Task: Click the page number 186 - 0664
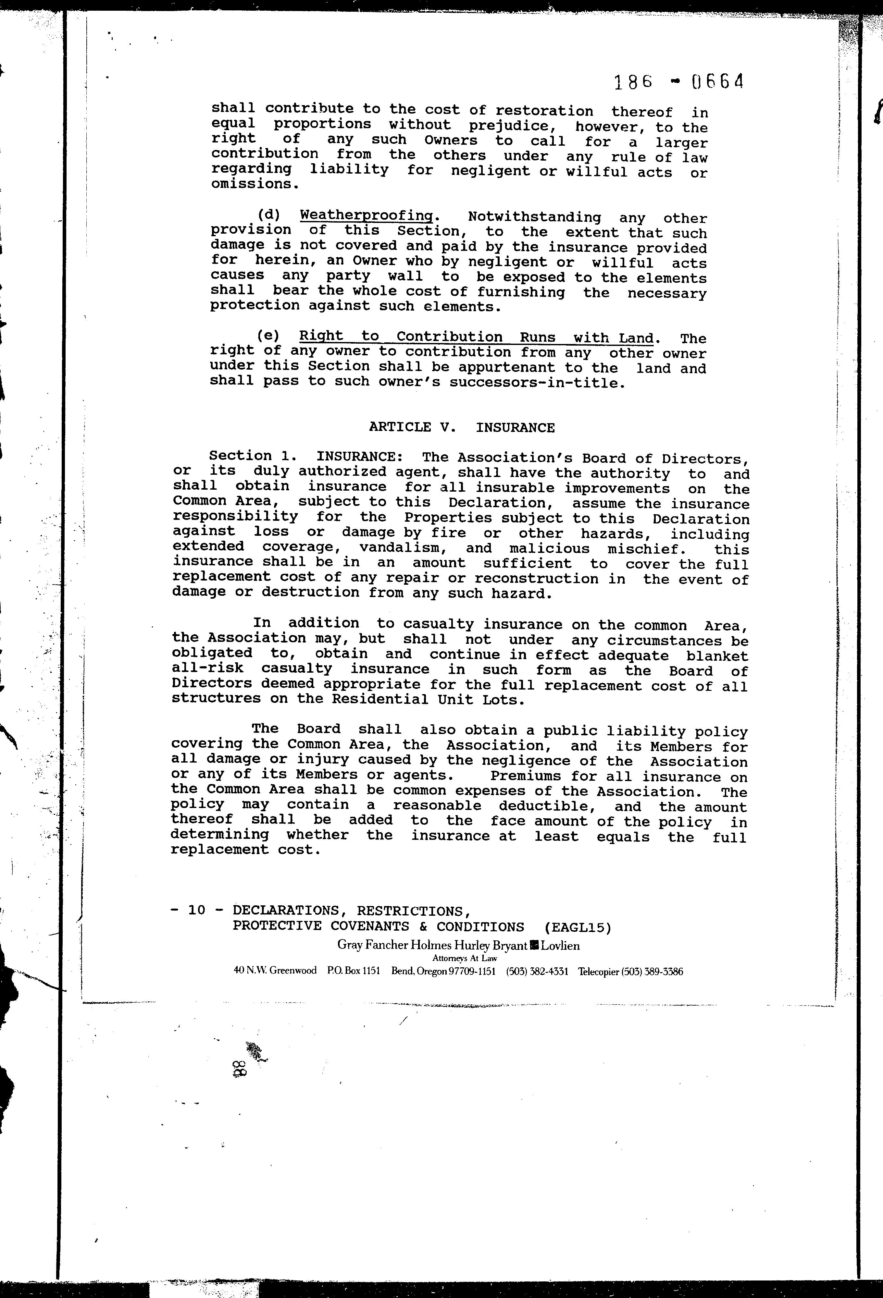click(x=679, y=83)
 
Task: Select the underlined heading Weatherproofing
click(x=367, y=215)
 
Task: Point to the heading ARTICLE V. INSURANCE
click(x=462, y=428)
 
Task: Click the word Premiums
click(x=525, y=776)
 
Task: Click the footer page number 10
click(x=197, y=910)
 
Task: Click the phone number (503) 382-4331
click(x=537, y=971)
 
